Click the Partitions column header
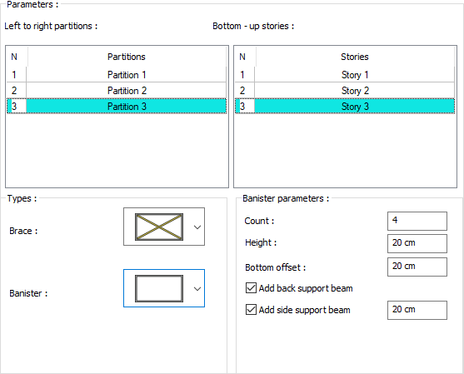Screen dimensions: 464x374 pos(127,57)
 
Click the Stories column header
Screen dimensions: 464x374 pos(355,57)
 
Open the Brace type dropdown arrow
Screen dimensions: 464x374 pos(197,227)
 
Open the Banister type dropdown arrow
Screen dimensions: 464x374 pos(197,289)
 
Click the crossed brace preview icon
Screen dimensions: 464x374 pos(159,227)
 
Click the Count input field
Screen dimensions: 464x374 pos(417,221)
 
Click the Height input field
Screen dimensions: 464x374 pos(417,243)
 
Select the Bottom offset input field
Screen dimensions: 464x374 pos(417,267)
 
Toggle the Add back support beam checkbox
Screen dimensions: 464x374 pos(251,288)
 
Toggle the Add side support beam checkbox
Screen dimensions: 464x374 pos(251,310)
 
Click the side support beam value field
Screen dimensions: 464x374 pos(417,310)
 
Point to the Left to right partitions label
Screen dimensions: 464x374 pos(51,26)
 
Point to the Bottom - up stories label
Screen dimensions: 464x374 pos(253,26)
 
